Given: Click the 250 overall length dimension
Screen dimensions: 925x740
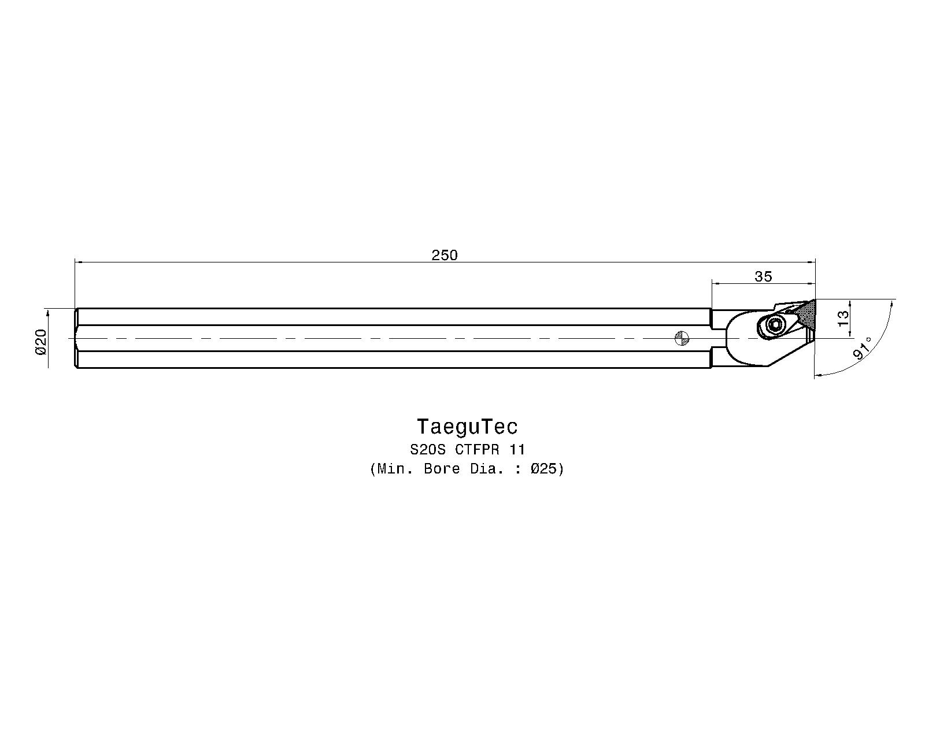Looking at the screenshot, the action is (x=445, y=256).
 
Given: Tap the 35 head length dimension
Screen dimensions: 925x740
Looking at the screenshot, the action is (x=763, y=276).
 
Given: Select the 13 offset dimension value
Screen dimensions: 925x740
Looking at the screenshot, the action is (x=843, y=318).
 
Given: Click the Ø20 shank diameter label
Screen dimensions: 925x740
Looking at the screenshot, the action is (x=40, y=342).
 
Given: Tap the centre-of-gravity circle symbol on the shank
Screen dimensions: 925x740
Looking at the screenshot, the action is (x=682, y=338).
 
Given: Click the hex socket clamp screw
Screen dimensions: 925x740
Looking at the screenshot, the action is (x=775, y=327).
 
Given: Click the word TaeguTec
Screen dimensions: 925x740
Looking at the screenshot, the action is (x=467, y=427).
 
